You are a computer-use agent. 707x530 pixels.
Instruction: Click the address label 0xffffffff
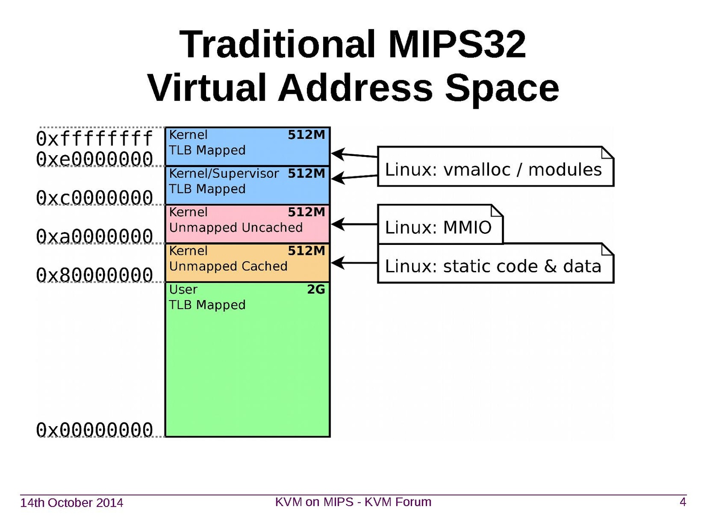click(94, 138)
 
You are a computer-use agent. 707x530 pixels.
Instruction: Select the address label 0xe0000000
click(94, 159)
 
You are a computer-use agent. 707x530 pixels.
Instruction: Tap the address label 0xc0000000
click(94, 198)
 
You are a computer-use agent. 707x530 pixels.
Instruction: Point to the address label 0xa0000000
click(94, 236)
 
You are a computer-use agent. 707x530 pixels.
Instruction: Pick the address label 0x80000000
click(94, 275)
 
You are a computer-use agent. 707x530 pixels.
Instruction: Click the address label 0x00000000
click(94, 430)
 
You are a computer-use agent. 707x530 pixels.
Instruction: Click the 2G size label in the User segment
click(316, 290)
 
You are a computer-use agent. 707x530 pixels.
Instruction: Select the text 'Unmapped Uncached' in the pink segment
click(236, 228)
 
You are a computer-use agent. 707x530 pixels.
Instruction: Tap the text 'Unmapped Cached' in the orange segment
click(228, 266)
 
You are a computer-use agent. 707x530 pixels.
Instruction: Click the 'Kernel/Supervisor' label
click(224, 173)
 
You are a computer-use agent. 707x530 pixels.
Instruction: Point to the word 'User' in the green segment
click(183, 290)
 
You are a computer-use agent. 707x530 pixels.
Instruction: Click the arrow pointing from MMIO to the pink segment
click(354, 225)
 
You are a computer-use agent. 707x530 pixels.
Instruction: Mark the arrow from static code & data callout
click(354, 263)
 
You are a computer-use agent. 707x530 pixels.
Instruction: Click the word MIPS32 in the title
click(457, 44)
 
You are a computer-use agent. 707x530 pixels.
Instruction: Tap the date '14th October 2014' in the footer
click(72, 503)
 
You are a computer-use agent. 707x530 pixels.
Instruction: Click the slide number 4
click(683, 502)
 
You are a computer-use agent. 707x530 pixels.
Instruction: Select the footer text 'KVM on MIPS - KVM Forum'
click(353, 502)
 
